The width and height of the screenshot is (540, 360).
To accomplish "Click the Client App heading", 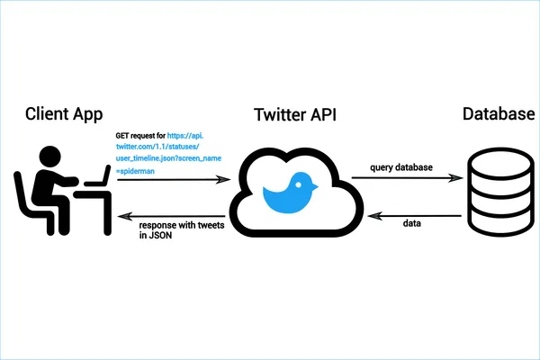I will click(64, 114).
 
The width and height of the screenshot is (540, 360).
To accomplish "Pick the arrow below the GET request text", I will click(169, 180).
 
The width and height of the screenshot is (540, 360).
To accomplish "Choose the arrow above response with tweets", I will click(169, 215).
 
